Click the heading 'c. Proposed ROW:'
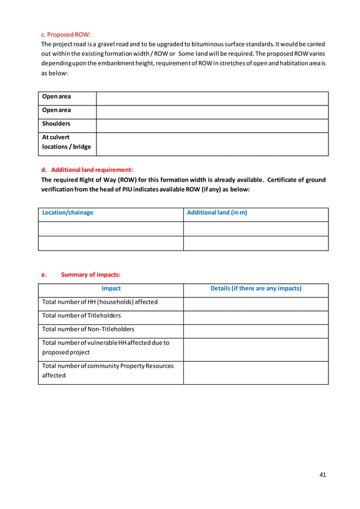[66, 34]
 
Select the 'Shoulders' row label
[56, 124]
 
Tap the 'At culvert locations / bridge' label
[66, 142]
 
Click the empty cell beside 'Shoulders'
[212, 125]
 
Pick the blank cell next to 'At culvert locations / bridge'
[212, 144]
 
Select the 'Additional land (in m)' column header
[217, 213]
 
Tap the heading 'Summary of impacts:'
[90, 275]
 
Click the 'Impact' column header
[111, 288]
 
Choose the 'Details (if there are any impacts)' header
[256, 288]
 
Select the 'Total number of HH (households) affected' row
[100, 302]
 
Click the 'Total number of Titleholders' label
[82, 315]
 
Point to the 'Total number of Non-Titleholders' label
[88, 329]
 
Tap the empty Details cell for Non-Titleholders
[256, 331]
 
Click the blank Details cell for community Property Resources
[256, 372]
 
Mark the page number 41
[322, 475]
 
